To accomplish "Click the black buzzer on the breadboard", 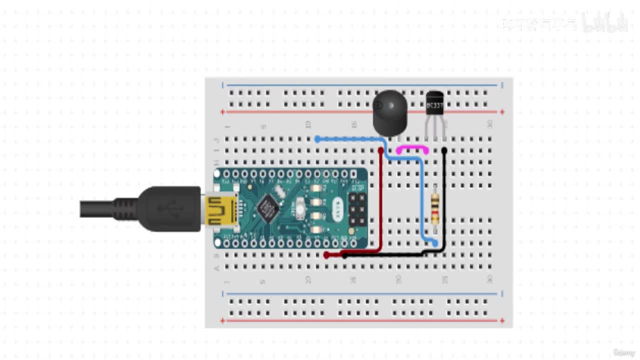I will [390, 112].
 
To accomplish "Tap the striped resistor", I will [435, 209].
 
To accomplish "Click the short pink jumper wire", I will [412, 148].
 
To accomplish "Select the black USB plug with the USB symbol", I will [170, 208].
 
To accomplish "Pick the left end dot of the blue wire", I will [317, 139].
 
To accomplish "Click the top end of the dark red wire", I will [381, 150].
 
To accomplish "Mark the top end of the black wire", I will [444, 150].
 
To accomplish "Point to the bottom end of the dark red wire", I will [326, 255].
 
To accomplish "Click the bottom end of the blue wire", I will [435, 243].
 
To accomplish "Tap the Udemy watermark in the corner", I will [624, 353].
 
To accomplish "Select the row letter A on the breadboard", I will [216, 268].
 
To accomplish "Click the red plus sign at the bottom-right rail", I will [502, 320].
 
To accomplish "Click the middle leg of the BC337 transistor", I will [434, 131].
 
